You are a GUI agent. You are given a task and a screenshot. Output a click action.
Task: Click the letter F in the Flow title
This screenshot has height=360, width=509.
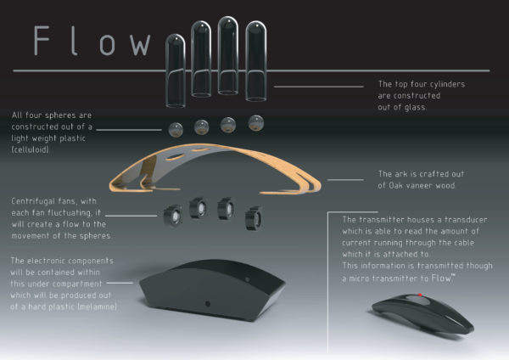tap(42, 41)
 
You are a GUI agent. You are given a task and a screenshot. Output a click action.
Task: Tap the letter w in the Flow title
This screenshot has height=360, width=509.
tap(140, 44)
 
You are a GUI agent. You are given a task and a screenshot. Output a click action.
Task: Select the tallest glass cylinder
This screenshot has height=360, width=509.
tap(228, 55)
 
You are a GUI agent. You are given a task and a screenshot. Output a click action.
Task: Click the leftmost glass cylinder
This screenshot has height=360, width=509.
tap(176, 70)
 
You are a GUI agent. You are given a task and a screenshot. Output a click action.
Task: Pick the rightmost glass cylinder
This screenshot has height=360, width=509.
tap(256, 61)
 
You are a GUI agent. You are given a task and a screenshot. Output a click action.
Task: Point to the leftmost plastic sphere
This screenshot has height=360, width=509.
tap(176, 130)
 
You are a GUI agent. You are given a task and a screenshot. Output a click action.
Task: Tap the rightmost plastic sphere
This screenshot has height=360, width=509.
tap(256, 123)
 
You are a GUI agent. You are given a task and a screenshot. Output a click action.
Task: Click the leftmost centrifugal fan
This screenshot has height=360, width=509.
tap(173, 215)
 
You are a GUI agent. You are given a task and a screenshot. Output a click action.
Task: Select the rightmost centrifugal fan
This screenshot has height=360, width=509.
tap(254, 218)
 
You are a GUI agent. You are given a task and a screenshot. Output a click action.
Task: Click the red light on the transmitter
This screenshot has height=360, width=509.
tap(420, 295)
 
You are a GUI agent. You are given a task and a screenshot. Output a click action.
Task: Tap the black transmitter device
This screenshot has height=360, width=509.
tap(422, 313)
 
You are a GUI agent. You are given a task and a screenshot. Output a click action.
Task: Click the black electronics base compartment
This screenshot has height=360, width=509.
tap(212, 290)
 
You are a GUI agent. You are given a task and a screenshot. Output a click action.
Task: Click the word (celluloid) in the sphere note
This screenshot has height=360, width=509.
tap(31, 149)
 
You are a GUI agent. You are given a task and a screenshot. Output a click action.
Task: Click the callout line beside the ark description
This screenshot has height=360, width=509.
tap(345, 180)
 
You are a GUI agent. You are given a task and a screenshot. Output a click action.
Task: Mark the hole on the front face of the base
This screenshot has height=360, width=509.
tap(208, 304)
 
